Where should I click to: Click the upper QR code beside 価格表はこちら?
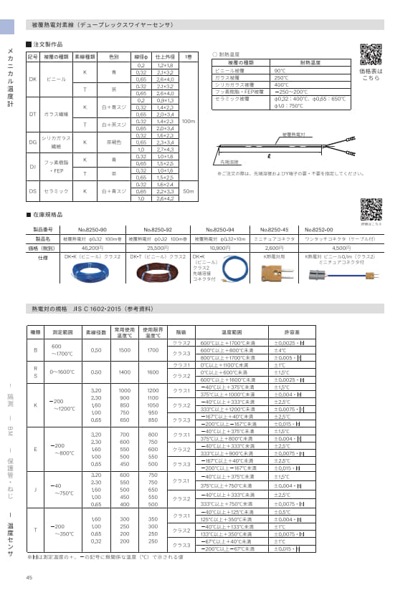coord(370,54)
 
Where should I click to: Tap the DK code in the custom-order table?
coord(32,79)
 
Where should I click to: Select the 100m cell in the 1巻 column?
coord(189,122)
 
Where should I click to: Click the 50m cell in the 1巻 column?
coord(189,191)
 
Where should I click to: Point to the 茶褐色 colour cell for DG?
coord(113,142)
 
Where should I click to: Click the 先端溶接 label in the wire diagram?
coord(230,163)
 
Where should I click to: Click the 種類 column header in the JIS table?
coord(35,332)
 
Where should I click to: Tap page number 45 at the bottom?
coord(29,578)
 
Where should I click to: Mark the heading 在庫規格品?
coord(49,215)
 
